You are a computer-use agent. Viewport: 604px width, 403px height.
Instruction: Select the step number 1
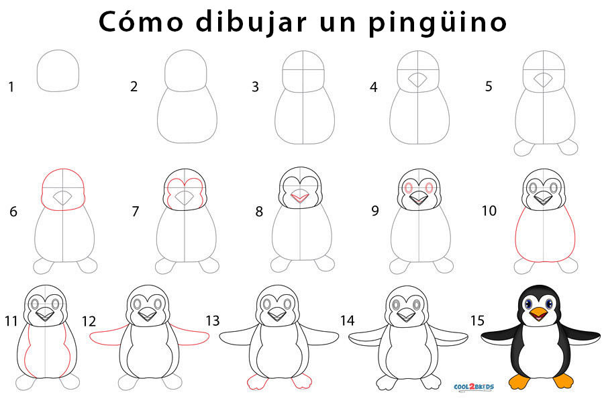(11, 86)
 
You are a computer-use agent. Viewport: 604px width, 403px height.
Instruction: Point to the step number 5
(489, 86)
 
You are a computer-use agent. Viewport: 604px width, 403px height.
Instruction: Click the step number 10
(489, 211)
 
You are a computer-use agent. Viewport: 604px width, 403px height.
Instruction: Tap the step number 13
(212, 320)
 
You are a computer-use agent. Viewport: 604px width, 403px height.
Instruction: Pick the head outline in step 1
(58, 71)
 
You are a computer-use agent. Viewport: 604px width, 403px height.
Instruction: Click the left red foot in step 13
(257, 382)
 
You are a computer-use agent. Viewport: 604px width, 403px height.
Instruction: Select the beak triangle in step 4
(417, 80)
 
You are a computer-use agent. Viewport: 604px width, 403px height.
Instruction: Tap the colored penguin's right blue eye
(549, 304)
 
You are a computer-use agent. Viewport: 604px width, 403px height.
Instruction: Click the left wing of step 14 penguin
(368, 339)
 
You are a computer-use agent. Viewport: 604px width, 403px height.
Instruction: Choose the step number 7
(136, 211)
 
